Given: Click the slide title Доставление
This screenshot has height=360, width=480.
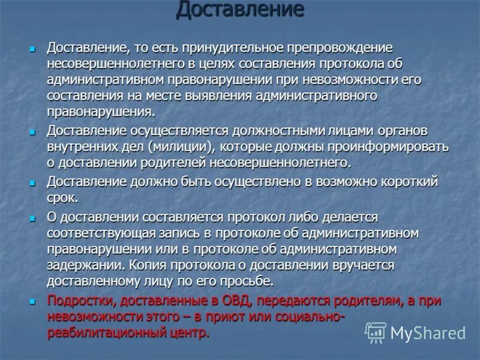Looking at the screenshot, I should (x=239, y=10).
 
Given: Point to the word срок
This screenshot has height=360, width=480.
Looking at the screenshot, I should (x=62, y=198).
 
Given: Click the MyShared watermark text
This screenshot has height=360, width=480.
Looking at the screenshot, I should (x=428, y=333).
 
